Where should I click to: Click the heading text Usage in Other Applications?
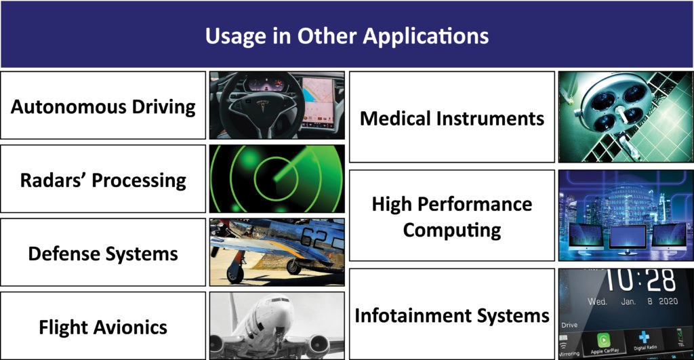[x=346, y=36]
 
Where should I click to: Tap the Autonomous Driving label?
[x=103, y=107]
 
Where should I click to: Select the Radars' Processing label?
[x=103, y=180]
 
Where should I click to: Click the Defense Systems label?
[x=103, y=254]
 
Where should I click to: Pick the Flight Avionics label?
[x=103, y=327]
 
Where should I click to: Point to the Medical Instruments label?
[x=452, y=118]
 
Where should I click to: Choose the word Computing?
[x=452, y=231]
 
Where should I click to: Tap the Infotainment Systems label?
[x=452, y=316]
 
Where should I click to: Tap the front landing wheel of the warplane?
[x=235, y=275]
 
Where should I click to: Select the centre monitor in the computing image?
[x=628, y=239]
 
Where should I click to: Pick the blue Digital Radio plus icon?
[x=644, y=338]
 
